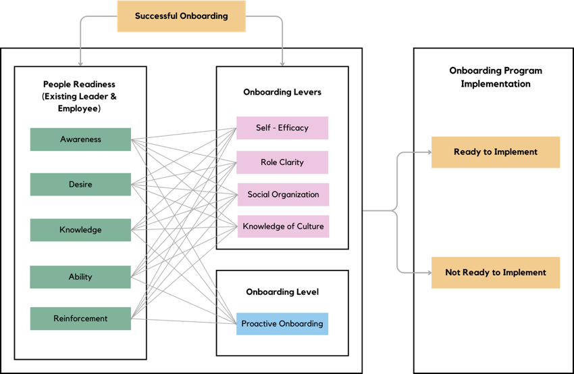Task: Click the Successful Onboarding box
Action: click(x=181, y=16)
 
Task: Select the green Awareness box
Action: click(x=80, y=139)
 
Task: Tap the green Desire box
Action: click(x=80, y=185)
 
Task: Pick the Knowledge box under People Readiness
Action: click(x=80, y=230)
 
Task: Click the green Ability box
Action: click(x=80, y=277)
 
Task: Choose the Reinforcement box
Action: click(x=80, y=319)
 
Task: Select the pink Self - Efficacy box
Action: click(x=282, y=128)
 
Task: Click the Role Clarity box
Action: click(x=282, y=162)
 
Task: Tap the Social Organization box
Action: click(x=283, y=195)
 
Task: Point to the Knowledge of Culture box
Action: click(x=283, y=227)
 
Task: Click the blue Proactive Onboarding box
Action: click(x=282, y=324)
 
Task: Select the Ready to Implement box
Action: click(x=496, y=152)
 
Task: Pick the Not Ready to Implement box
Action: click(x=496, y=273)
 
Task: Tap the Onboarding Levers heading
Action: click(x=282, y=92)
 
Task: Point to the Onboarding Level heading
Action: click(x=282, y=292)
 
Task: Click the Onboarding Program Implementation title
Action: click(x=496, y=77)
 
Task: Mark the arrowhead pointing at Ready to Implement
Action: click(x=428, y=152)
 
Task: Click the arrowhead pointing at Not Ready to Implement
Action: click(x=428, y=273)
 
